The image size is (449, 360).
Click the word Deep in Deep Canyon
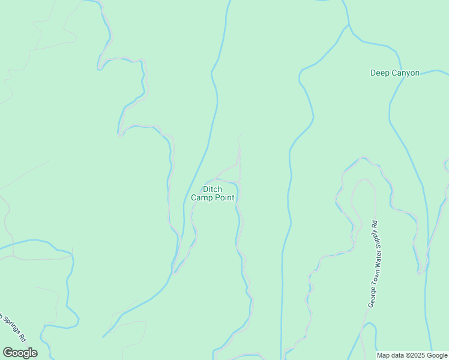click(x=379, y=73)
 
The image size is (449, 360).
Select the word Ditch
click(x=212, y=189)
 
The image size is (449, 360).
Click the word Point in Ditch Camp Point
click(x=225, y=197)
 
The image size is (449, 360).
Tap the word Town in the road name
click(x=373, y=274)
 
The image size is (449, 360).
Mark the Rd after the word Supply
click(x=375, y=224)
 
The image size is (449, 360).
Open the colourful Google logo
click(x=20, y=353)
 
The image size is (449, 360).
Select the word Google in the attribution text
click(x=437, y=356)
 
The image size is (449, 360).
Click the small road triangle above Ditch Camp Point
click(x=234, y=174)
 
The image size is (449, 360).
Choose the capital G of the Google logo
click(x=7, y=352)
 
